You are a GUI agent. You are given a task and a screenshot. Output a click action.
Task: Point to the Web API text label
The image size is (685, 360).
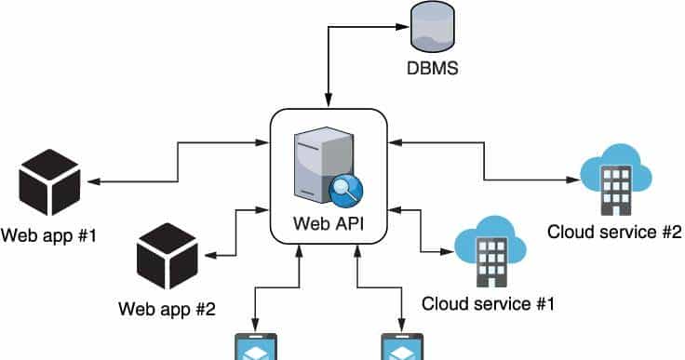point(328,223)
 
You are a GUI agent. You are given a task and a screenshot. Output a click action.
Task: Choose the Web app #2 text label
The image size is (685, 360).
point(168,307)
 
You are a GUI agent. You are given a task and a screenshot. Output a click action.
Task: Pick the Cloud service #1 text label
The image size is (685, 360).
point(489,303)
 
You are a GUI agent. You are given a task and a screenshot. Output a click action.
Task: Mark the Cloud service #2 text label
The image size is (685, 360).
point(615,232)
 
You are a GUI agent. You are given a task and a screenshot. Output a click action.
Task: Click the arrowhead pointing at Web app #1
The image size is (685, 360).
point(94,180)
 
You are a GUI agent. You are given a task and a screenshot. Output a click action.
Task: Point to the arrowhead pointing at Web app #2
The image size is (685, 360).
point(212,253)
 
